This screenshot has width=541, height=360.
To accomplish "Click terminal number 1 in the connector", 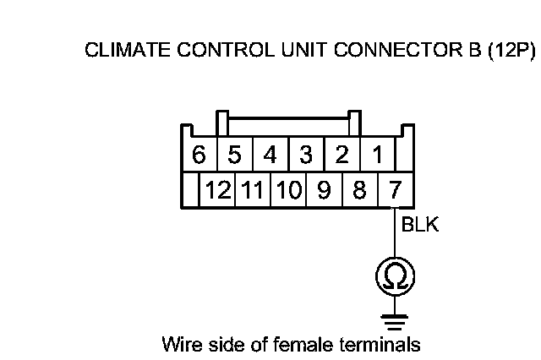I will click(378, 155).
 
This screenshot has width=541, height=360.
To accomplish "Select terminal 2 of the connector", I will click(342, 155).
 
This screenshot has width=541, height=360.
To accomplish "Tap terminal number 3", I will click(306, 155).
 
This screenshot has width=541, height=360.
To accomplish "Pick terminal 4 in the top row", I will click(270, 155).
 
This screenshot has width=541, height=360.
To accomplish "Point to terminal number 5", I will click(235, 155).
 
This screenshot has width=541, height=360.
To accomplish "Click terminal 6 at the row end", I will click(199, 155).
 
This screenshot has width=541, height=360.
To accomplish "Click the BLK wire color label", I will click(420, 226).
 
